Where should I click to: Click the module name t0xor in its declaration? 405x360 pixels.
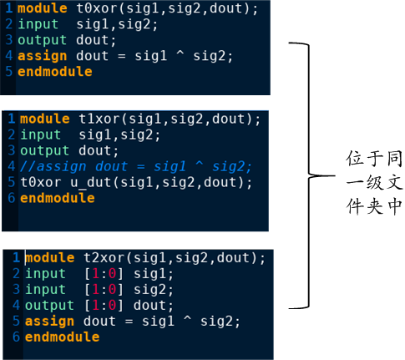[97, 8]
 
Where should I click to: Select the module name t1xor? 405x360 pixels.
[99, 119]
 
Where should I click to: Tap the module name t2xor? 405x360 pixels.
[104, 258]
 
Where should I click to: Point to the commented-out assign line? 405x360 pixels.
[136, 167]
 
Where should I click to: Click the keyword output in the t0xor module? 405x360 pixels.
[43, 41]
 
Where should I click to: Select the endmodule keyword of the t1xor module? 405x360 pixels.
[58, 199]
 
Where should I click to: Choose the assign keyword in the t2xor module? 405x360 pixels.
[49, 322]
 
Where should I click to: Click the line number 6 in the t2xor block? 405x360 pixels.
[16, 337]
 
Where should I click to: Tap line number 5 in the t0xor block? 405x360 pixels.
[9, 72]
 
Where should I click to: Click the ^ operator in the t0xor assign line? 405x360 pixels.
[180, 53]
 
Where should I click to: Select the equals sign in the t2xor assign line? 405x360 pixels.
[129, 322]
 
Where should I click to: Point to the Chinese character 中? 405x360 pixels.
[395, 206]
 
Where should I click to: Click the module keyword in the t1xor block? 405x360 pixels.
[45, 119]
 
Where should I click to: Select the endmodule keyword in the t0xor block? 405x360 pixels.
[55, 72]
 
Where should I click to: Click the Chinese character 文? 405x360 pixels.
[395, 182]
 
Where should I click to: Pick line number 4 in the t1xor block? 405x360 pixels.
[11, 166]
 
